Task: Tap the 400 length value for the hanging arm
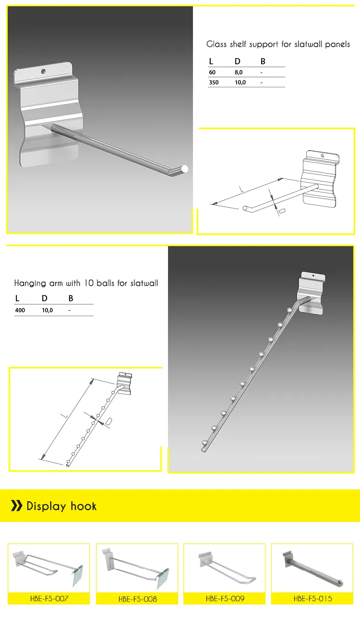click(x=21, y=310)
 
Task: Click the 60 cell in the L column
click(x=212, y=72)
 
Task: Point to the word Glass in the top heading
click(x=216, y=45)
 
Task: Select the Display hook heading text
click(x=61, y=506)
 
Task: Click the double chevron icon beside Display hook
click(x=17, y=506)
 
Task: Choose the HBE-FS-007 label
click(x=48, y=598)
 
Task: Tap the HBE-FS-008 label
click(x=137, y=599)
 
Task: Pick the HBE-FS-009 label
click(x=225, y=598)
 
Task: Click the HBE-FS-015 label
click(x=312, y=598)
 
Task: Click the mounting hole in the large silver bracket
click(x=43, y=71)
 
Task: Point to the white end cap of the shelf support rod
click(x=185, y=169)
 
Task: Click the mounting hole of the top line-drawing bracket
click(x=322, y=155)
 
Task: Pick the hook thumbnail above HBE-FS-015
click(x=312, y=568)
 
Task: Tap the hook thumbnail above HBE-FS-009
click(x=225, y=568)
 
